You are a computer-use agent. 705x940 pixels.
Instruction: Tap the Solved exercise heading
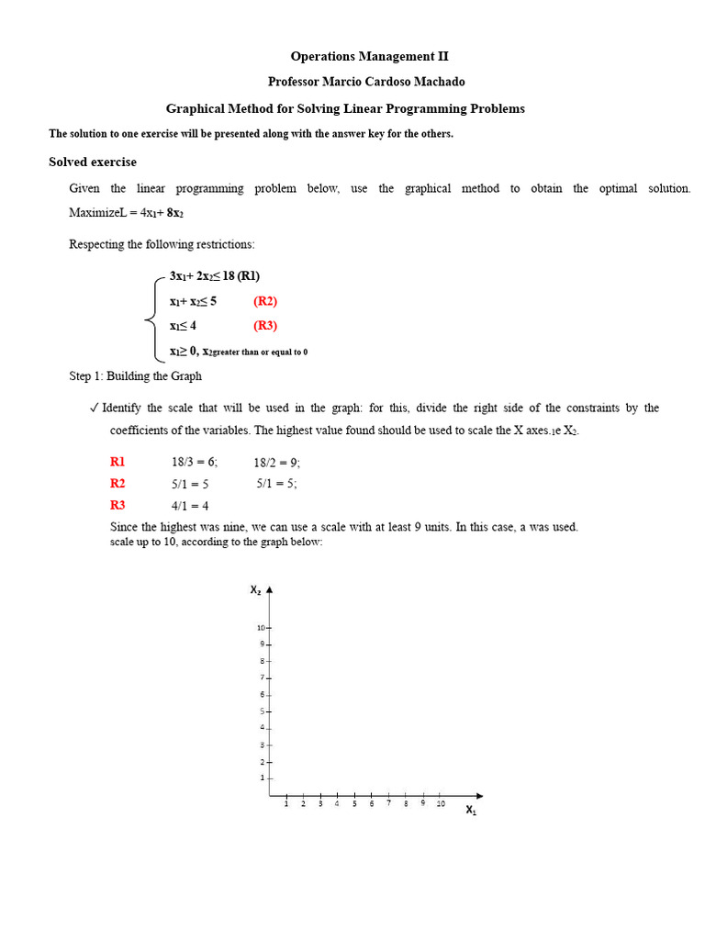click(x=93, y=162)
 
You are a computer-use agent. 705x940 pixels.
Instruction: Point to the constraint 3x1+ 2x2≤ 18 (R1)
click(x=220, y=275)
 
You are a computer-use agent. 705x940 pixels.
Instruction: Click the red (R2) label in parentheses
click(x=265, y=301)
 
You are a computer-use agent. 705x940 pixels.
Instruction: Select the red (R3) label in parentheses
click(x=265, y=326)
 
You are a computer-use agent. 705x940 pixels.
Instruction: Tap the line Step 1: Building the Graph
click(x=136, y=376)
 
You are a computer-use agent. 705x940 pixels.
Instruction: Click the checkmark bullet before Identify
click(x=95, y=408)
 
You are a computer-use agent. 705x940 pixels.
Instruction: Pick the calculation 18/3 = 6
click(x=194, y=463)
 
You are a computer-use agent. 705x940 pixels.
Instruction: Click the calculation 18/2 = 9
click(x=277, y=463)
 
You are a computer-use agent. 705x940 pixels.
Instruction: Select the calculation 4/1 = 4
click(x=190, y=506)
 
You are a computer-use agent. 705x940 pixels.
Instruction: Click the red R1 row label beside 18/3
click(x=117, y=463)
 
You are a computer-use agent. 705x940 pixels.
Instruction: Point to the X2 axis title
click(x=255, y=590)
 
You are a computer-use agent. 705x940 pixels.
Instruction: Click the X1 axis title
click(x=471, y=810)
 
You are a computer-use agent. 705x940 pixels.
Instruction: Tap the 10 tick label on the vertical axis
click(x=261, y=628)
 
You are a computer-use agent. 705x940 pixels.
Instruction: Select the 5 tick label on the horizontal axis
click(x=354, y=804)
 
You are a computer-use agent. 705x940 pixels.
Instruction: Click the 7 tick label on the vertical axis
click(x=263, y=677)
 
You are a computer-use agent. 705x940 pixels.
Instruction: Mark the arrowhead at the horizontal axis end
click(x=478, y=796)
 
